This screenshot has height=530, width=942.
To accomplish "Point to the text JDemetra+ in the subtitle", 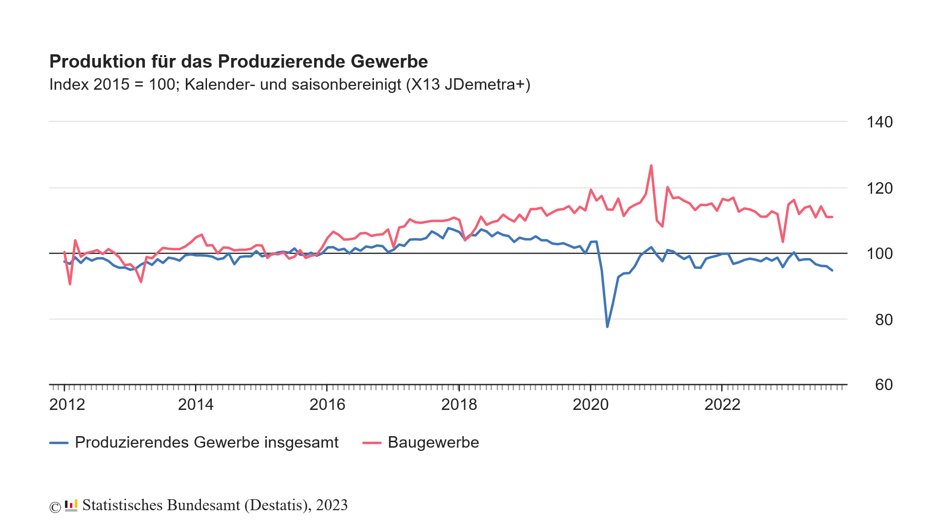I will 487,85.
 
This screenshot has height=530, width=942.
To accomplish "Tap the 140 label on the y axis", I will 879,122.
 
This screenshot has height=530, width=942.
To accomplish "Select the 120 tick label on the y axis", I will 879,188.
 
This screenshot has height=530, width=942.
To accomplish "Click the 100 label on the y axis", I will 879,254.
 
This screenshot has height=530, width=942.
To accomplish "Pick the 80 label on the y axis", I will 884,320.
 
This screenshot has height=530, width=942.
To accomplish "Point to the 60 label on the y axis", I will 884,385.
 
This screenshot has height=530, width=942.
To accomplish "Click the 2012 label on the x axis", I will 67,405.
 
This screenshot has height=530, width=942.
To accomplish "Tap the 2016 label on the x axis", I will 327,405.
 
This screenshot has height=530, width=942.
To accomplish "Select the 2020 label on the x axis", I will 591,405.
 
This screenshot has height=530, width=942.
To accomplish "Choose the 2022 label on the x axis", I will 722,405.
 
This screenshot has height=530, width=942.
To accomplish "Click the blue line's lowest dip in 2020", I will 607,327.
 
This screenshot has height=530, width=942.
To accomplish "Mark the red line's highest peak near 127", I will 651,166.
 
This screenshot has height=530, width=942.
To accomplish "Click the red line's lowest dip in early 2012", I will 70,284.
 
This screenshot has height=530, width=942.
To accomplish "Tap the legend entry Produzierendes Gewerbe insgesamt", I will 207,443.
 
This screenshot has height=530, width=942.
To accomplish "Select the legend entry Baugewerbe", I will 433,443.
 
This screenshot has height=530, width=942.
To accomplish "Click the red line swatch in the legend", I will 372,443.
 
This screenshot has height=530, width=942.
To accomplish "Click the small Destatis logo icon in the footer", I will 71,505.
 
